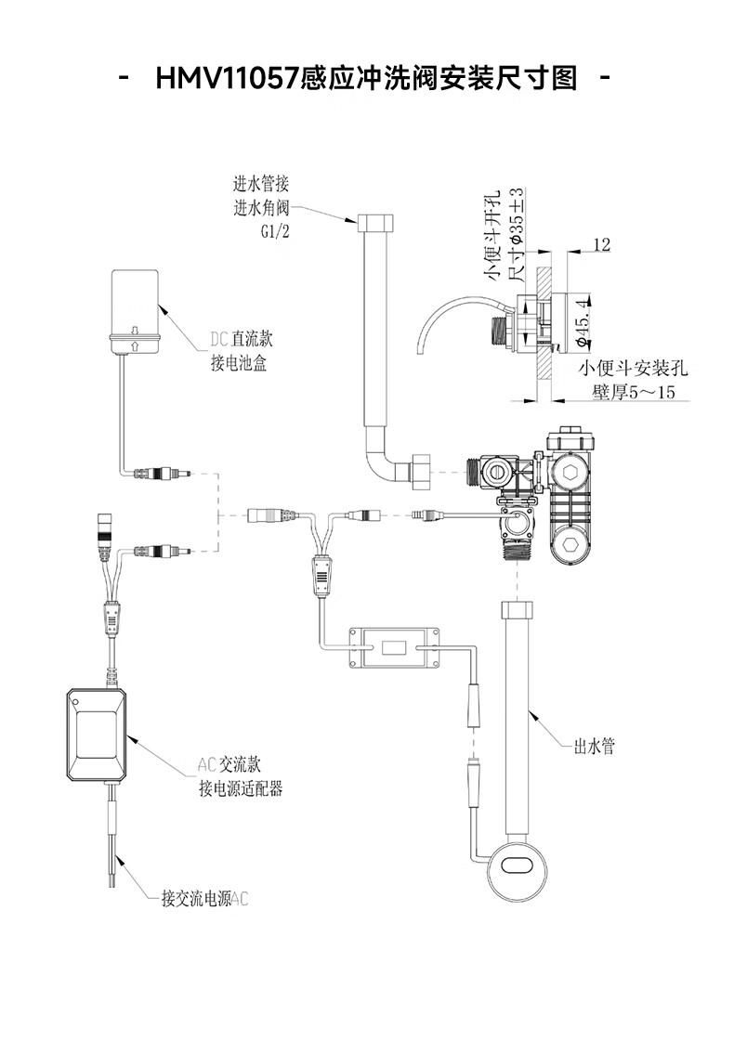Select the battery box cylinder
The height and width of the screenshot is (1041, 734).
click(135, 311)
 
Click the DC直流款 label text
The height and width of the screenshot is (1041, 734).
click(242, 339)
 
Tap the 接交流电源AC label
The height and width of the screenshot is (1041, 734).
click(204, 900)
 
